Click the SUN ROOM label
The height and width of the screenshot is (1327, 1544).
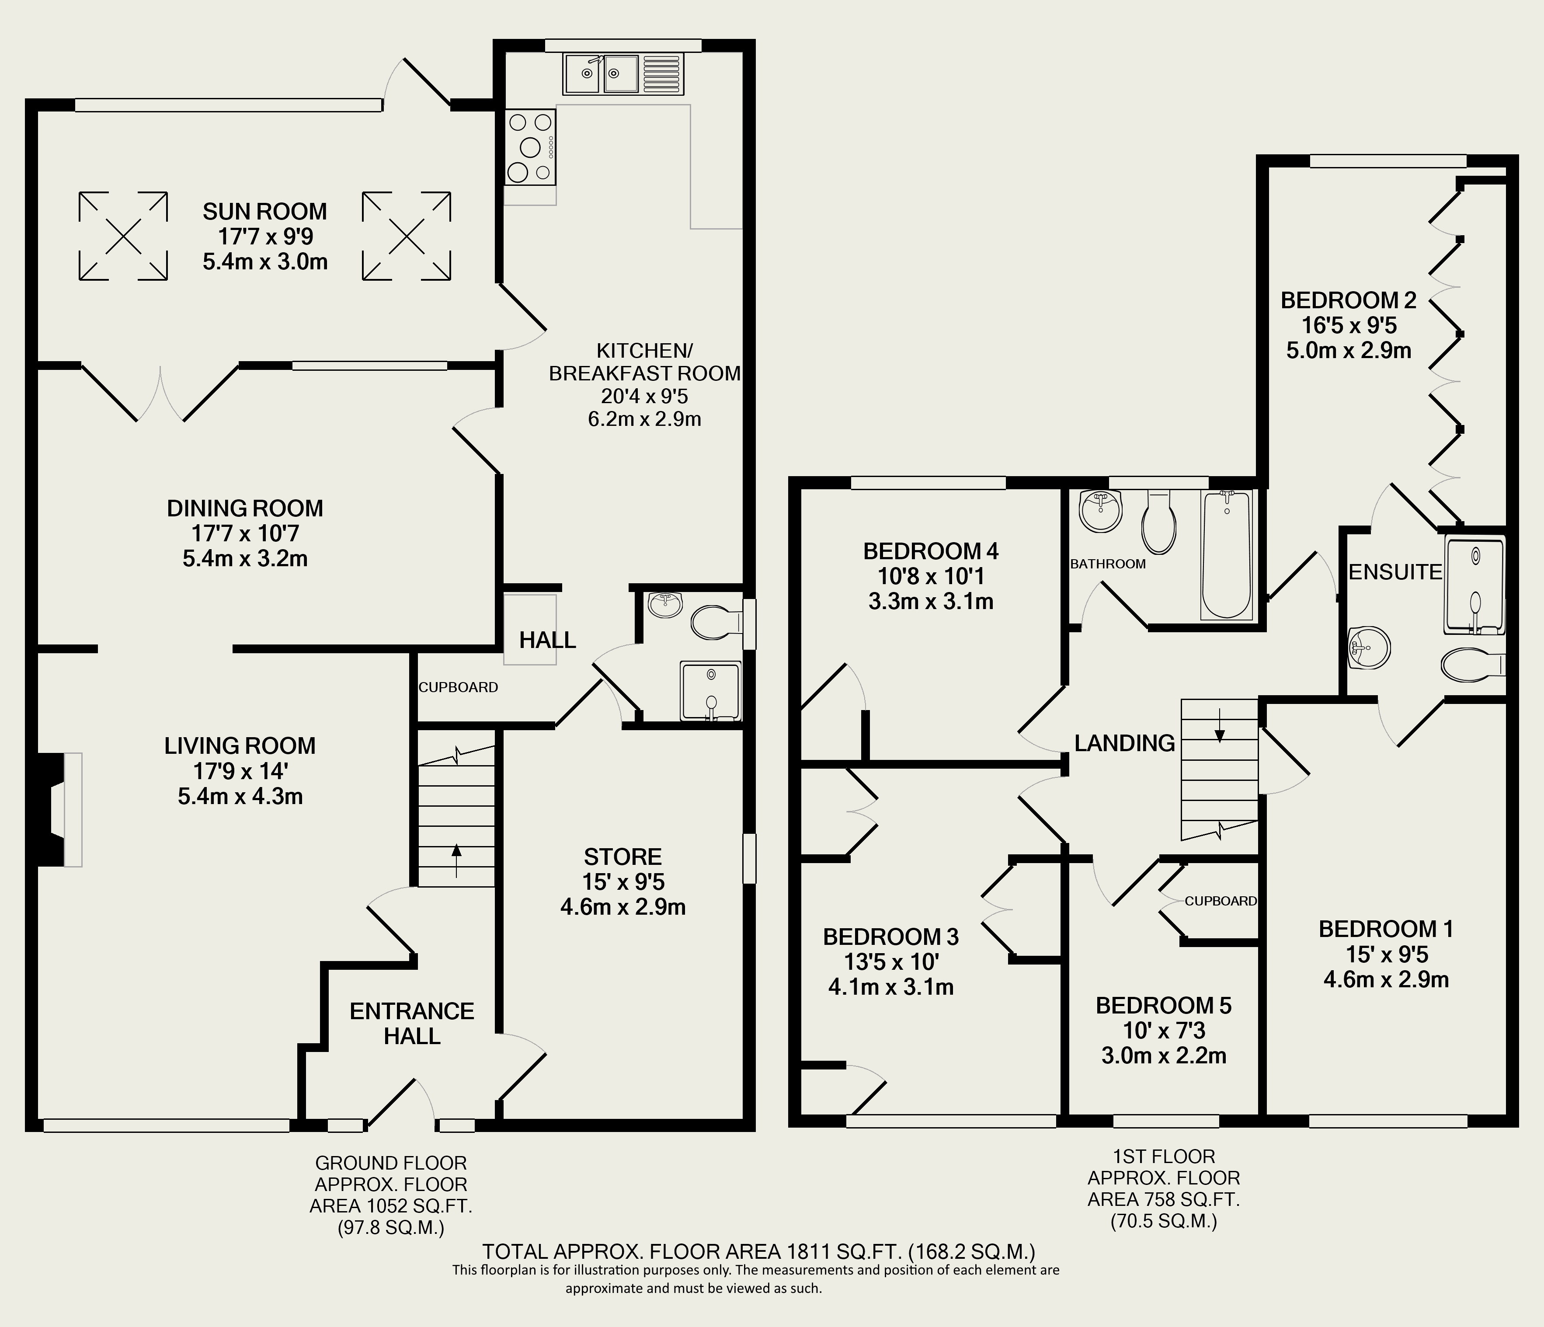pos(264,212)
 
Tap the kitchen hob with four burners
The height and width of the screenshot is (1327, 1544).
pos(530,147)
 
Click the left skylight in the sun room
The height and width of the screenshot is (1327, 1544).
pos(123,237)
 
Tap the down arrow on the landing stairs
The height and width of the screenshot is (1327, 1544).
pos(1219,725)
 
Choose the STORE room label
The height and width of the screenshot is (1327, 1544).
pos(623,857)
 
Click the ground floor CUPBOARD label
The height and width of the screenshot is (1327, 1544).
pos(458,687)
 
